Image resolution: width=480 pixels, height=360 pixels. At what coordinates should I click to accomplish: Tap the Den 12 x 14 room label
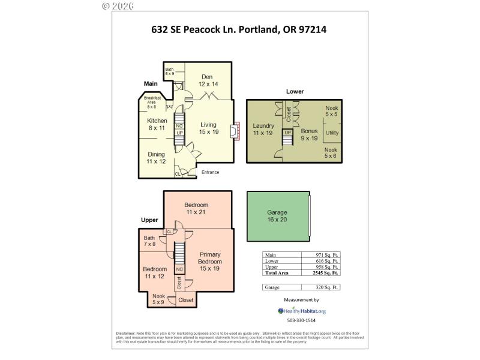[208, 80]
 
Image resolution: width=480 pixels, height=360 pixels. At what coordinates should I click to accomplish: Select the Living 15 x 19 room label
[208, 128]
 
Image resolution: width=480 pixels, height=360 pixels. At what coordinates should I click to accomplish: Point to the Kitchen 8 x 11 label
[157, 124]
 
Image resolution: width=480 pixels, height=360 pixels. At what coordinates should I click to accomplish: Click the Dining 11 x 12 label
[157, 157]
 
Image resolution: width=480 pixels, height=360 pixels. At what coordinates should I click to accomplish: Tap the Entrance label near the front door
[210, 172]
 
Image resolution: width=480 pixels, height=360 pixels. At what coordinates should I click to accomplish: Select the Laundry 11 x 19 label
[263, 129]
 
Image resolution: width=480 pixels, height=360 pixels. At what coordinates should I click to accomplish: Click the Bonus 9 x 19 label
[309, 134]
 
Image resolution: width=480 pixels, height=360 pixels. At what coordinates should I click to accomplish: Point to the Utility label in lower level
[332, 133]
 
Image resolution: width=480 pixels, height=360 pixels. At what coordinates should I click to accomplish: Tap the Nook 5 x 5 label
[332, 111]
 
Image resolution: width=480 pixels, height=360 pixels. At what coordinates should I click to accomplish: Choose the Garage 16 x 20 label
[277, 216]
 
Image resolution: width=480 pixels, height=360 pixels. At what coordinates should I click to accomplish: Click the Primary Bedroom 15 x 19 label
[210, 261]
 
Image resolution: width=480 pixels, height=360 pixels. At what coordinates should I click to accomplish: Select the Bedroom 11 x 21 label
[196, 209]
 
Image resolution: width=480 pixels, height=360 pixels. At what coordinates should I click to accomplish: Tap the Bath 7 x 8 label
[149, 241]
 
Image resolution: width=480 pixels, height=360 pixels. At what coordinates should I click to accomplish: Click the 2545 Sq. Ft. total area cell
[328, 272]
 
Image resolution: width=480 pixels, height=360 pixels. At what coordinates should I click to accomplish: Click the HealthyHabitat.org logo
[302, 311]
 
